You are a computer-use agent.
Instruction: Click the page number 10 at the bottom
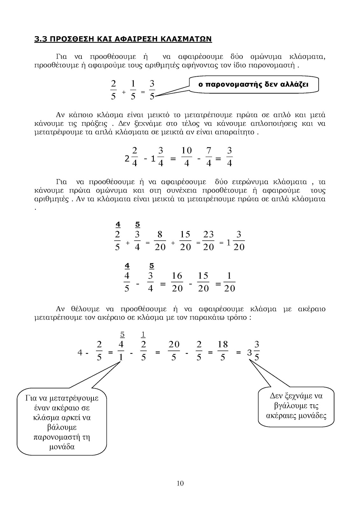click(180, 484)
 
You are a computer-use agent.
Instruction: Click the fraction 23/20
click(209, 241)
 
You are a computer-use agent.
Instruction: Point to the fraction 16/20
click(177, 282)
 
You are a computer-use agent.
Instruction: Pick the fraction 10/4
click(187, 157)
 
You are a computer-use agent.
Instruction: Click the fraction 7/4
click(209, 157)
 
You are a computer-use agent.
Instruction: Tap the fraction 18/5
click(223, 351)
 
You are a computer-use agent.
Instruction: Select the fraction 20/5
click(174, 351)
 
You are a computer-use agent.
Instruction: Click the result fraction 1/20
click(229, 282)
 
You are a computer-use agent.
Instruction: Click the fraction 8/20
click(160, 241)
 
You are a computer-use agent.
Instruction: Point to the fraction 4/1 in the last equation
click(121, 351)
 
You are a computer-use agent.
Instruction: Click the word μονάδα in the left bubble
click(62, 447)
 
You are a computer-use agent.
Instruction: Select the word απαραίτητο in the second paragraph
click(239, 132)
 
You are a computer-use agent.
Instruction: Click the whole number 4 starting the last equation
click(80, 352)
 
